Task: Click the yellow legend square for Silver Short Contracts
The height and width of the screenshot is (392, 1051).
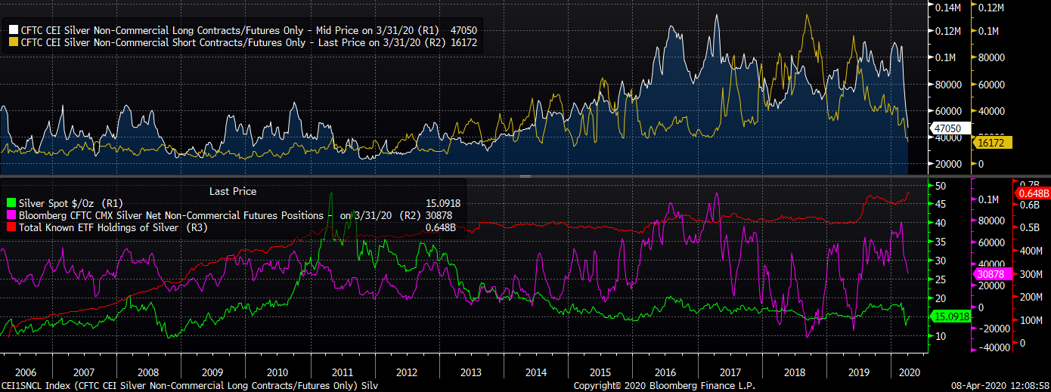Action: pos(13,43)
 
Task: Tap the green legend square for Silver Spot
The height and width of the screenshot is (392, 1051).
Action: pos(11,203)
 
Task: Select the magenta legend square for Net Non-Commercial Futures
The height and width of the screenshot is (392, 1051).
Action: pos(11,215)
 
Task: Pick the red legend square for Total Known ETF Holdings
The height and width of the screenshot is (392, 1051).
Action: pos(11,227)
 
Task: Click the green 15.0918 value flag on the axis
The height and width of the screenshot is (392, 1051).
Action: pos(948,316)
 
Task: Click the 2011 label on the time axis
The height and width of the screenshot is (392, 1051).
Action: pos(342,372)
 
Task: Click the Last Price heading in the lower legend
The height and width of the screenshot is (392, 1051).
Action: pos(232,192)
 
